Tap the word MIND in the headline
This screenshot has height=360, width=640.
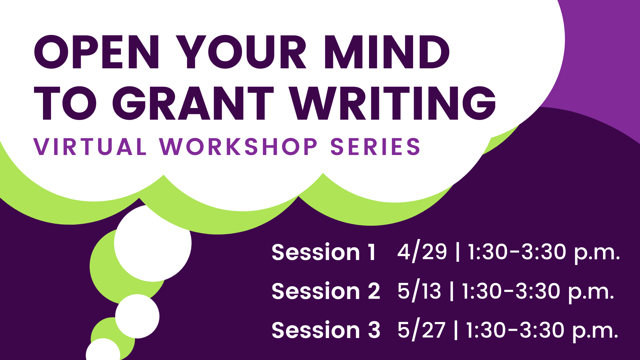(x=387, y=52)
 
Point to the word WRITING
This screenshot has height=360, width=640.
(x=392, y=103)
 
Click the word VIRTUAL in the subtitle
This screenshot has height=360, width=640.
(x=90, y=147)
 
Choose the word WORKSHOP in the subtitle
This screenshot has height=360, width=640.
(x=238, y=147)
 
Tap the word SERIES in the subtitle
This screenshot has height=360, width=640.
(x=375, y=147)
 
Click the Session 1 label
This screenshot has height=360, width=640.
(x=324, y=252)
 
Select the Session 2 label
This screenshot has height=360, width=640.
(x=326, y=291)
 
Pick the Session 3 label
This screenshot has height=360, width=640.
(x=326, y=330)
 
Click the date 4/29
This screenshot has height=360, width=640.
(x=422, y=252)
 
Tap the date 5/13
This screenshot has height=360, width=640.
(x=419, y=291)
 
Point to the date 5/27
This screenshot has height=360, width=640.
(x=421, y=330)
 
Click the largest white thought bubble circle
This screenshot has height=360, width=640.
(x=153, y=243)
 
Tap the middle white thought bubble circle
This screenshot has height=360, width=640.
(x=137, y=316)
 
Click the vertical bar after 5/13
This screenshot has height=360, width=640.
(x=452, y=291)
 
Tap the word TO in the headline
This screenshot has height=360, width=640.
(x=65, y=103)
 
